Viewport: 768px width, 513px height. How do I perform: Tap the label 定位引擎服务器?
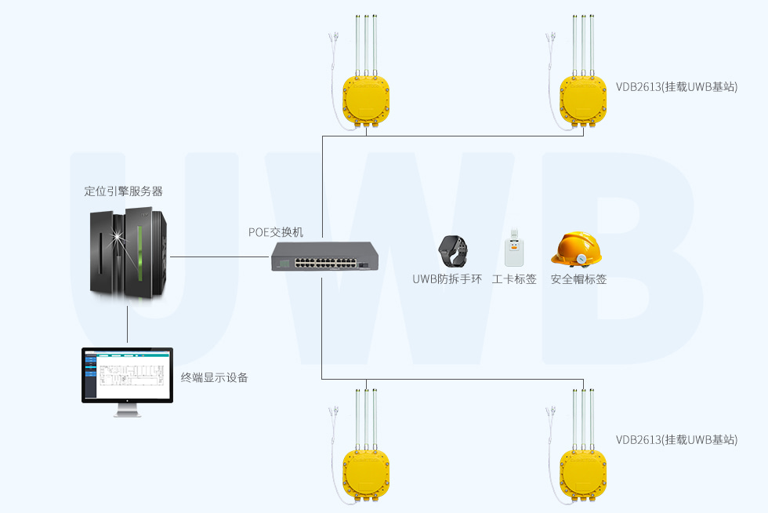click(123, 191)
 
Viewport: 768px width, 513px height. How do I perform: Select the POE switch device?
click(321, 255)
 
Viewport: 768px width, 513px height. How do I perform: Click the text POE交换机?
click(275, 232)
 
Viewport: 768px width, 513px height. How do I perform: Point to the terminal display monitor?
click(127, 377)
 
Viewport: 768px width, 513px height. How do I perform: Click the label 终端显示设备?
click(214, 377)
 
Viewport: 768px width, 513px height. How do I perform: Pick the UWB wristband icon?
click(452, 250)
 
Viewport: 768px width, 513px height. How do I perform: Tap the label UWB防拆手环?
click(447, 279)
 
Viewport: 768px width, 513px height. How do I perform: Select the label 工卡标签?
click(514, 279)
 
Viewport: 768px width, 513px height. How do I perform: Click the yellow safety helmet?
click(578, 249)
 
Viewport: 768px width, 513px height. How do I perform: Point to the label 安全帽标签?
click(578, 279)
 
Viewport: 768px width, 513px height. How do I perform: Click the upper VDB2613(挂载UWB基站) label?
click(676, 87)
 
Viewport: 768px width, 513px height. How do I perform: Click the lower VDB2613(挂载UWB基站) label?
click(676, 440)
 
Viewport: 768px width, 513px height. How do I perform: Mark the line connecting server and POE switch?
click(220, 256)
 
